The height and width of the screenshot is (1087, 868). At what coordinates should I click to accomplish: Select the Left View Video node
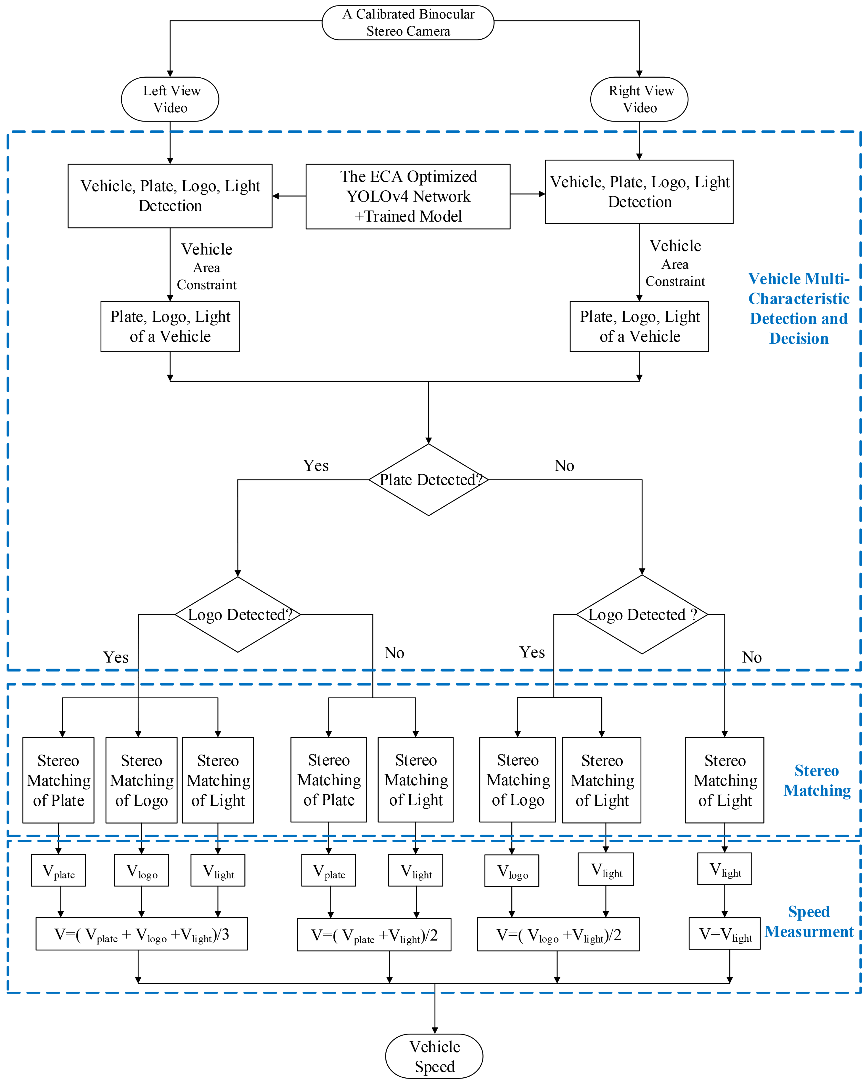170,99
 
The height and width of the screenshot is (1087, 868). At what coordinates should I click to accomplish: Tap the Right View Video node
639,99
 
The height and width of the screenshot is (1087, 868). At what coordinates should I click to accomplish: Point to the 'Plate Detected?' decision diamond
429,479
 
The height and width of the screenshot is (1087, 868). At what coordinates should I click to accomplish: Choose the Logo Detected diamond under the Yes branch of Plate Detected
238,615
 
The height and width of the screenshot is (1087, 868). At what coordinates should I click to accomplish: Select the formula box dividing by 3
142,934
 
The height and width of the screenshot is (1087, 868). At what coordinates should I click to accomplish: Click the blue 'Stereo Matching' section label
817,780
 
